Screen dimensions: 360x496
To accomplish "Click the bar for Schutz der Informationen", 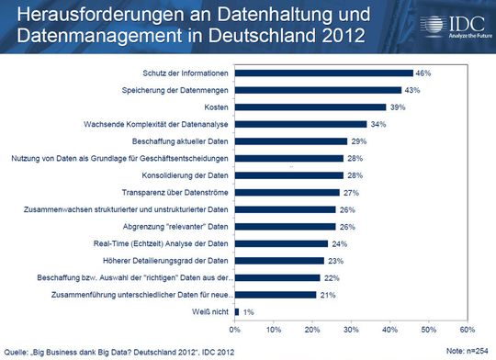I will point(323,73).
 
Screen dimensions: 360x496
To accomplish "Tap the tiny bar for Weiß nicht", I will point(236,312).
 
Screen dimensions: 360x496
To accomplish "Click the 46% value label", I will point(423,73).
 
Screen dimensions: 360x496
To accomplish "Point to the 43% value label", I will point(411,90).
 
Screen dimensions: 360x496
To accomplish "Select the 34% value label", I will point(377,124).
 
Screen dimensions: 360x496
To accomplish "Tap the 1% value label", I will point(248,312).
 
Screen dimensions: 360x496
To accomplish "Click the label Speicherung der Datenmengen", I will point(175,90).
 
